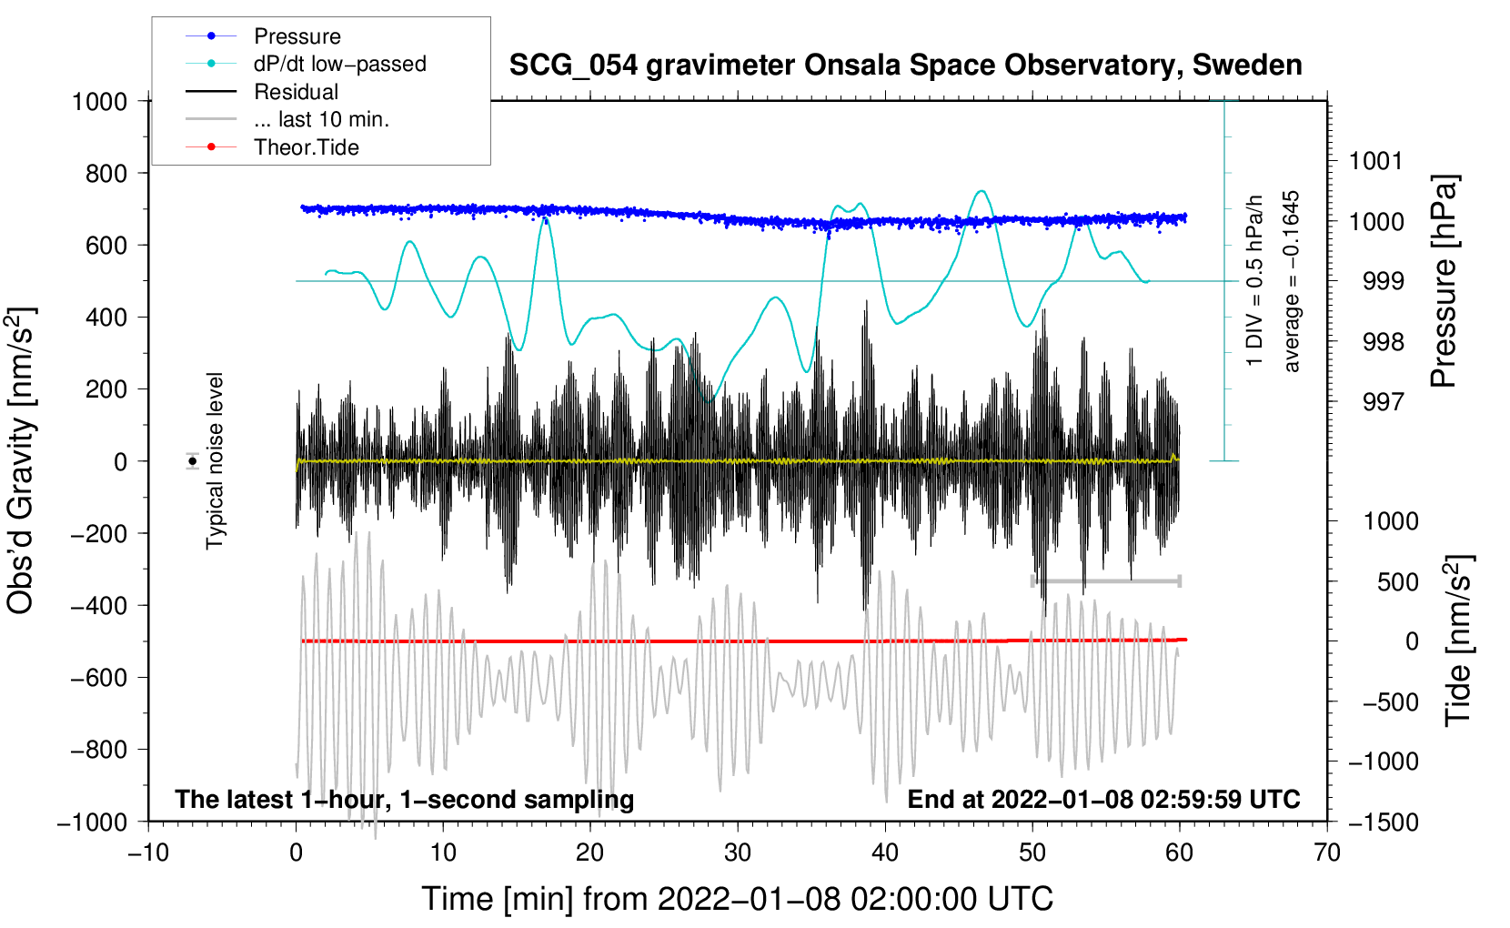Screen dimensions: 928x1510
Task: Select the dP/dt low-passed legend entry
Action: (339, 65)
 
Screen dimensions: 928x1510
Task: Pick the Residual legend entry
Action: (296, 92)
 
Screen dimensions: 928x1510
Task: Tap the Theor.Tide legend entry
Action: (306, 147)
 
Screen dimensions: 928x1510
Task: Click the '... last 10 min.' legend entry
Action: (321, 119)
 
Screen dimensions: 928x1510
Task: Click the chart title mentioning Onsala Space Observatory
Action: (905, 66)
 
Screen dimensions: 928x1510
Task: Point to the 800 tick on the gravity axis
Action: (106, 173)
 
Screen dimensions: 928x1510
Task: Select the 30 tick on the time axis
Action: (738, 852)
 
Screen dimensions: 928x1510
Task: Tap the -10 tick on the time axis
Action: (148, 852)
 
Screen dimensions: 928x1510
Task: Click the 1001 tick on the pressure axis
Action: (1375, 161)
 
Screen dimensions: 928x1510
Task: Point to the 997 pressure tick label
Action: (1383, 401)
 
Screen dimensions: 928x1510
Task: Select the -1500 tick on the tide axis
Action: (1383, 822)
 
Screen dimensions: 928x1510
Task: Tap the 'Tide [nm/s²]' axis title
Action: (1458, 641)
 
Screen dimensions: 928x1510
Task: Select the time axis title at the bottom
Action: (737, 899)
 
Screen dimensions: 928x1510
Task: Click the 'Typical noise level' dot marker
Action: (193, 461)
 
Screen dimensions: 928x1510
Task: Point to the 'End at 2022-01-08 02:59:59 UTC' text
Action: (1103, 799)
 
